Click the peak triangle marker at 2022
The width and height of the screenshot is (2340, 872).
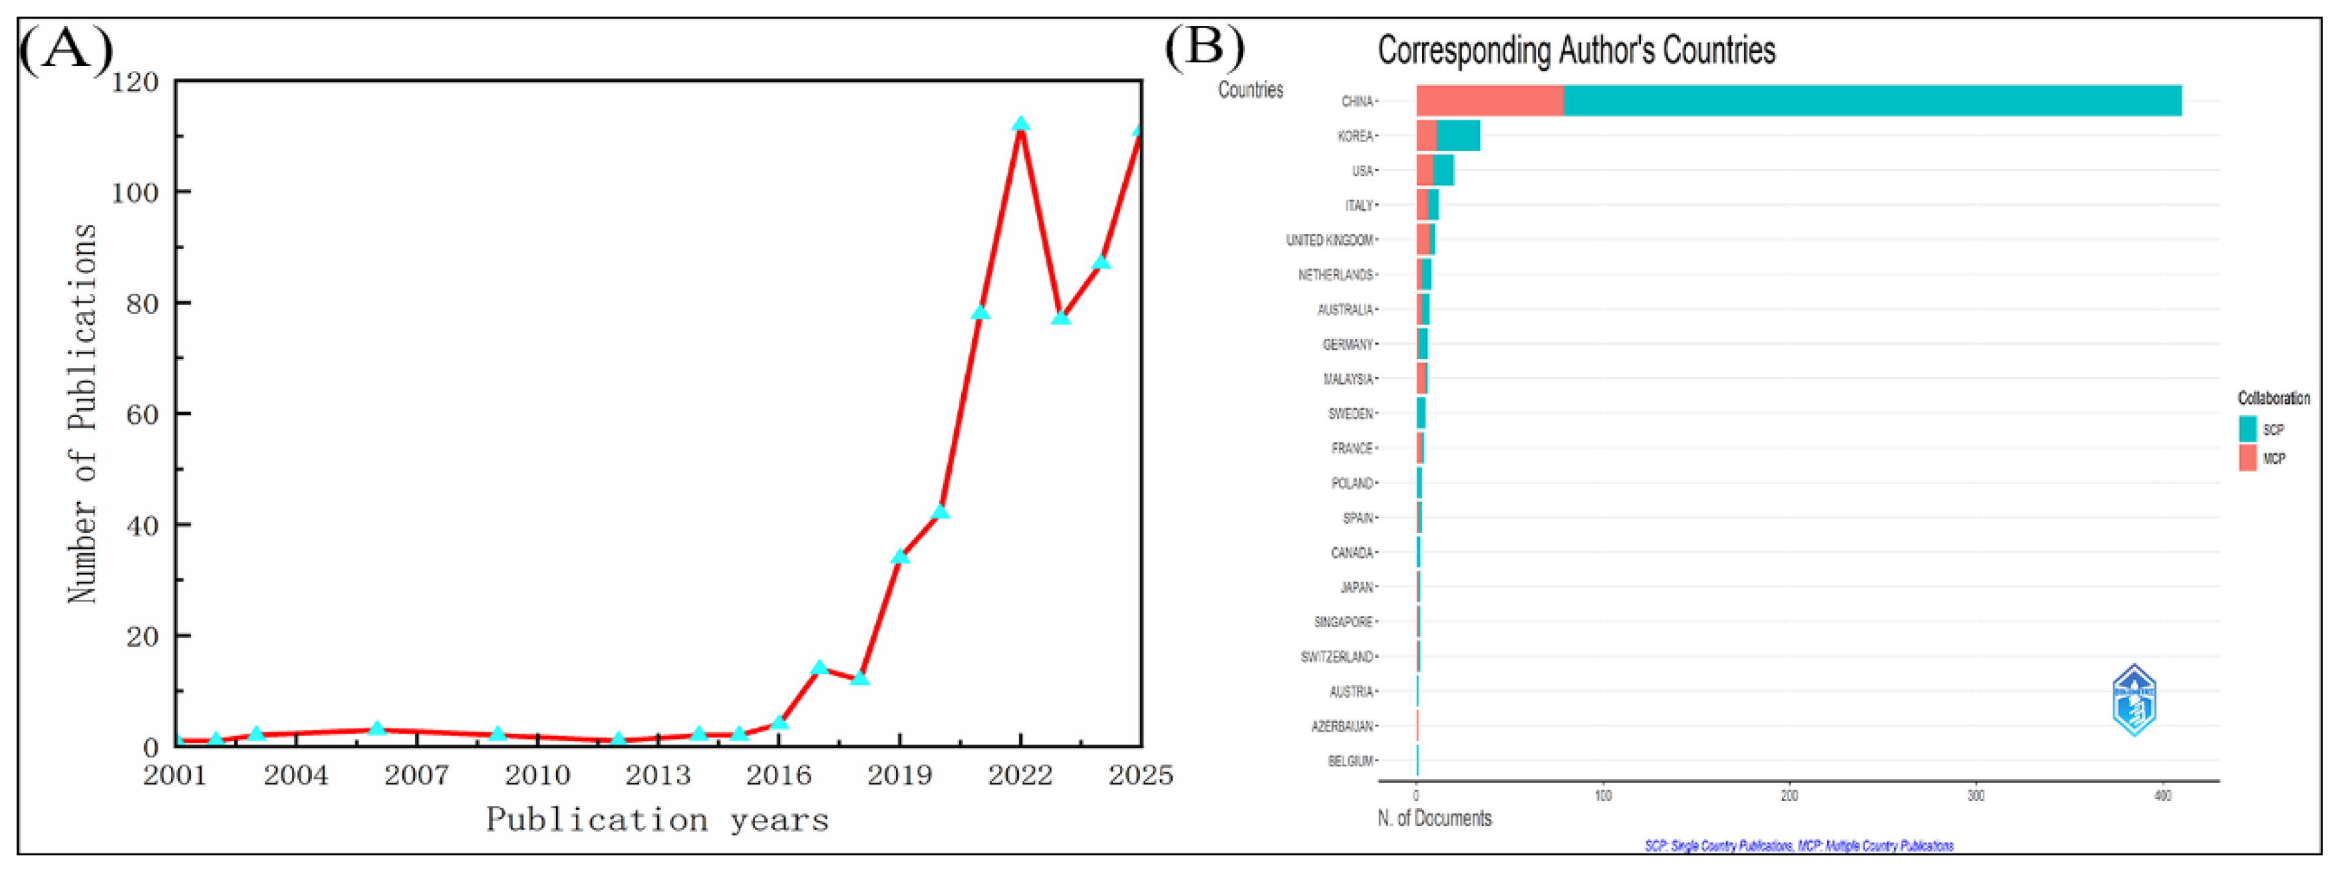[x=1020, y=124]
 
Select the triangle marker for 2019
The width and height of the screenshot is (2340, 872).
[x=899, y=556]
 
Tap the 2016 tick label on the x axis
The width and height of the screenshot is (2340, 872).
[x=778, y=775]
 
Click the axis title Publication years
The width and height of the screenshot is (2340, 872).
[x=657, y=819]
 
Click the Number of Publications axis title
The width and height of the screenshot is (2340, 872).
[x=82, y=413]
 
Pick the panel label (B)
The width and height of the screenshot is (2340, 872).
[x=1205, y=45]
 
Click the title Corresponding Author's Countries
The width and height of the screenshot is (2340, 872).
[x=1576, y=50]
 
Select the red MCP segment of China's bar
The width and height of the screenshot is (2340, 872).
[x=1490, y=101]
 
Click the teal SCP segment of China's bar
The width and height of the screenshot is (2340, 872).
[x=1871, y=101]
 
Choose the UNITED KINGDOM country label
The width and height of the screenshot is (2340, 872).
[x=1329, y=240]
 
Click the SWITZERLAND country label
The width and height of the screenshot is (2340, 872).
[x=1336, y=656]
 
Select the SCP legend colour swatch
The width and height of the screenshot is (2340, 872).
[x=2248, y=429]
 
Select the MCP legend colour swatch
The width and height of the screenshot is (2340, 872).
[x=2248, y=458]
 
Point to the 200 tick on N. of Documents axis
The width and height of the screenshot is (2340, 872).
[x=1789, y=796]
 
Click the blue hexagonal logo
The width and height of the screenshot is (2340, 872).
[x=2134, y=700]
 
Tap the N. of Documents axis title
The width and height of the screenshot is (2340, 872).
[x=1434, y=818]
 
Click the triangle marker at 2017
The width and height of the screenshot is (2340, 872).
[x=818, y=668]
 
